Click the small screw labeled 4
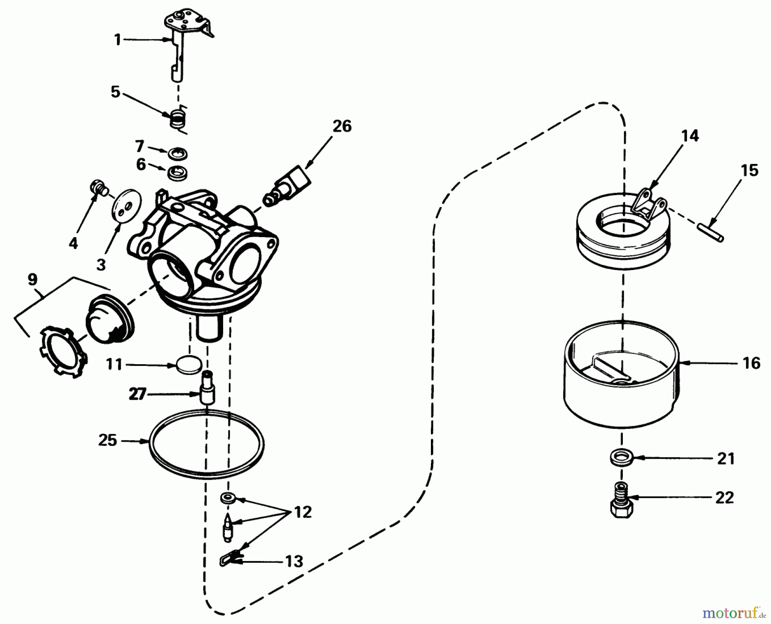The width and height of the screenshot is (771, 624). pyautogui.click(x=98, y=188)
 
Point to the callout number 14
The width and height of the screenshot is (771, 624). pyautogui.click(x=689, y=136)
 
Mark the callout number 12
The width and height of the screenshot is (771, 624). pyautogui.click(x=303, y=512)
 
